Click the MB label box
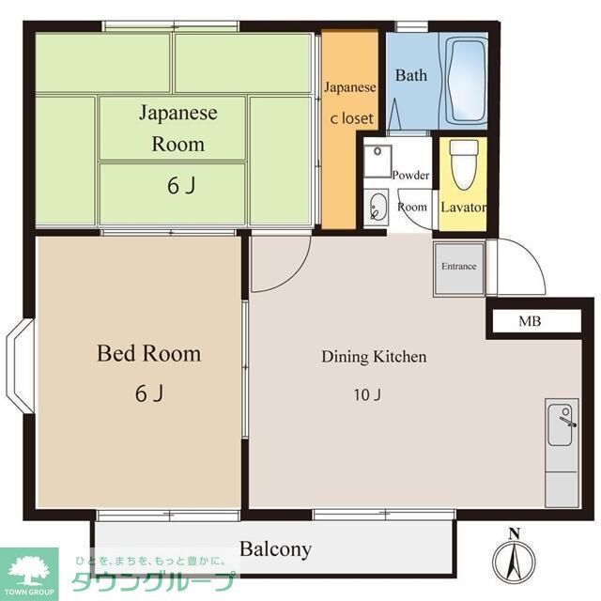[x=530, y=322]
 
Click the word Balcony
[x=274, y=548]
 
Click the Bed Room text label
[x=149, y=354]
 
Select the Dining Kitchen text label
[x=374, y=357]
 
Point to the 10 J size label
[x=366, y=394]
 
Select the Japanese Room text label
[x=177, y=129]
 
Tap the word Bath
[x=410, y=75]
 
